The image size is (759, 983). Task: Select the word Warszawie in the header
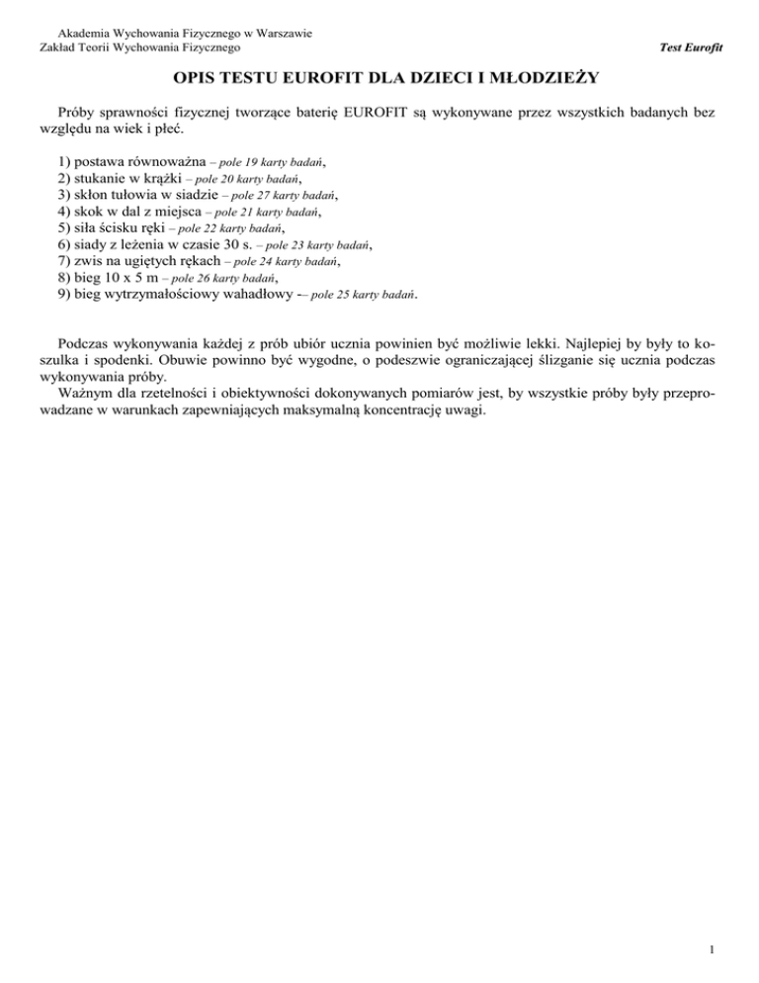(x=280, y=32)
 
